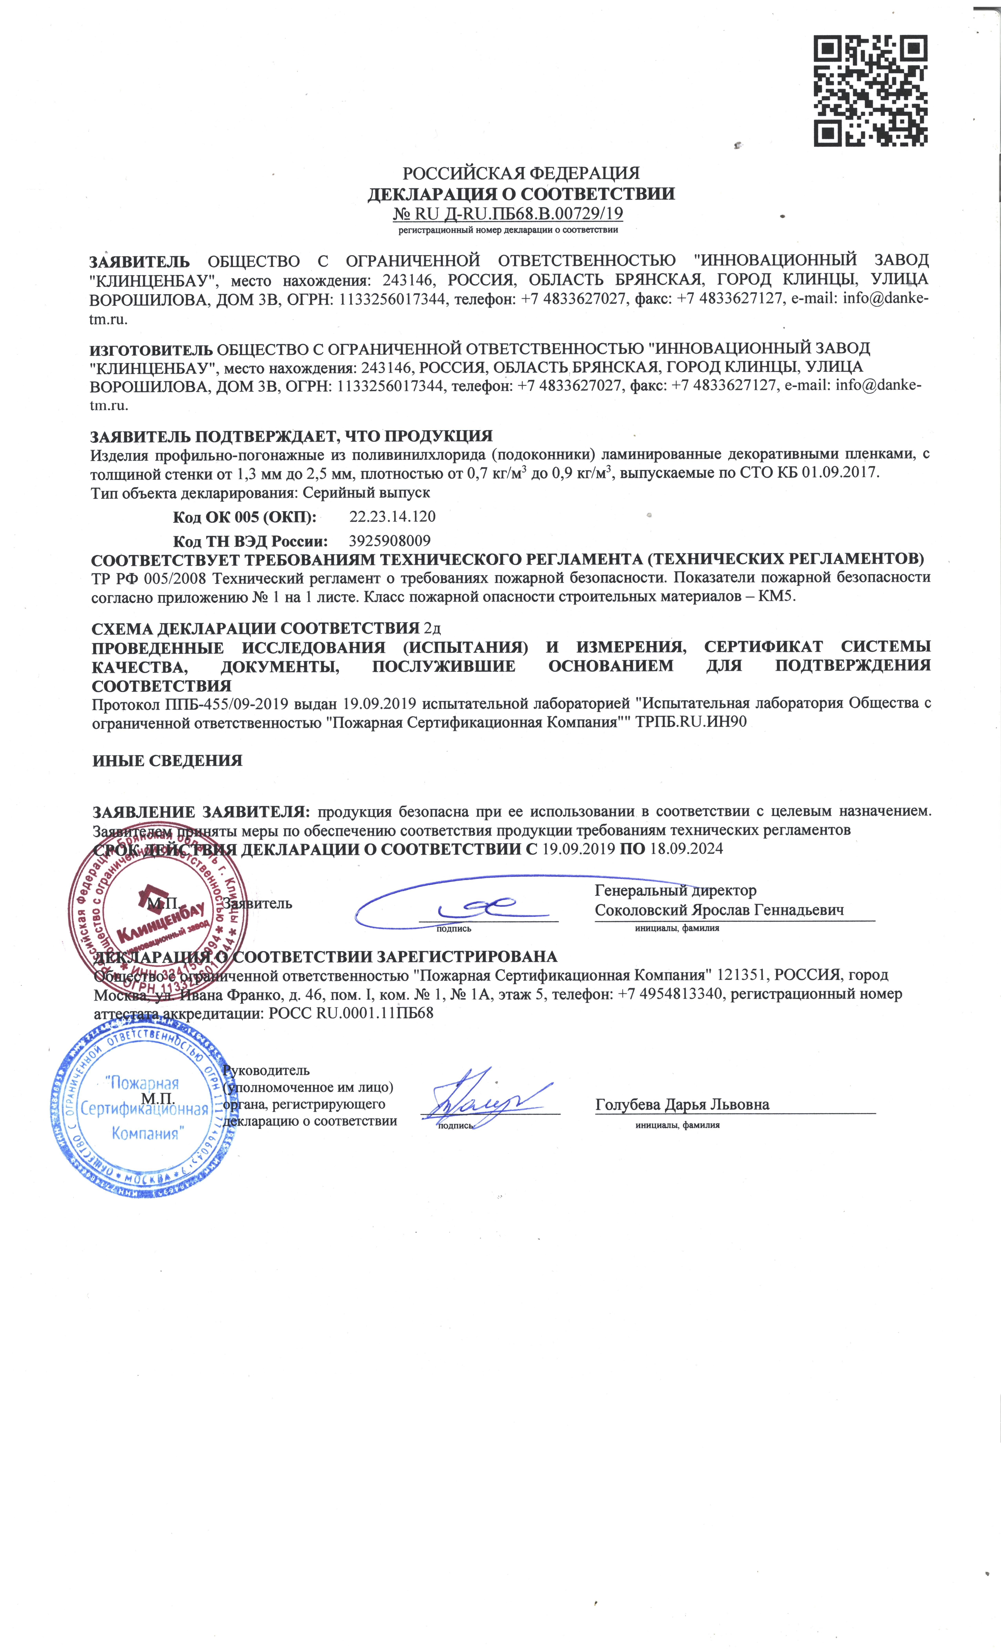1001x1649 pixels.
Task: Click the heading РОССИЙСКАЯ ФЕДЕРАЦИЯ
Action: pyautogui.click(x=521, y=173)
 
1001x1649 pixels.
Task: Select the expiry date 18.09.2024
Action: pyautogui.click(x=687, y=849)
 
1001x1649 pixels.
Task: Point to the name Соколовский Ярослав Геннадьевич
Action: pyautogui.click(x=719, y=910)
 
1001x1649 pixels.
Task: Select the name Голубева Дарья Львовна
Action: pyautogui.click(x=682, y=1104)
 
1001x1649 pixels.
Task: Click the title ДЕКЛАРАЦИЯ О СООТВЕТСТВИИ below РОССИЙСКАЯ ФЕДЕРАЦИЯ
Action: pyautogui.click(x=521, y=194)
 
